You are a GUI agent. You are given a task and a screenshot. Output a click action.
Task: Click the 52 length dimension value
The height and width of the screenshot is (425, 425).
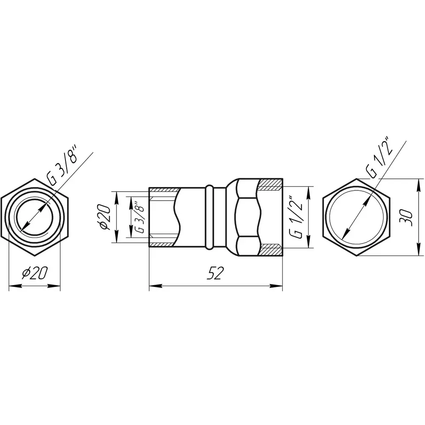[x=214, y=273]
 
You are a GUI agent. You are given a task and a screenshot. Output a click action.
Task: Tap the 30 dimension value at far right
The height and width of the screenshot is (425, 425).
[x=406, y=217]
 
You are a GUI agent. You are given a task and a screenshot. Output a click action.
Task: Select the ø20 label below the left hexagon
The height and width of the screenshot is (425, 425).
[x=35, y=273]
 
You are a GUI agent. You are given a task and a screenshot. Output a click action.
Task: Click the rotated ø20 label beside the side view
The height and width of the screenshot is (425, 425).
[x=105, y=217]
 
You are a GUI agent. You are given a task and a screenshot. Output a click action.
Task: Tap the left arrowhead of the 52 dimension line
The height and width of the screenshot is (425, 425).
[x=156, y=286]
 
